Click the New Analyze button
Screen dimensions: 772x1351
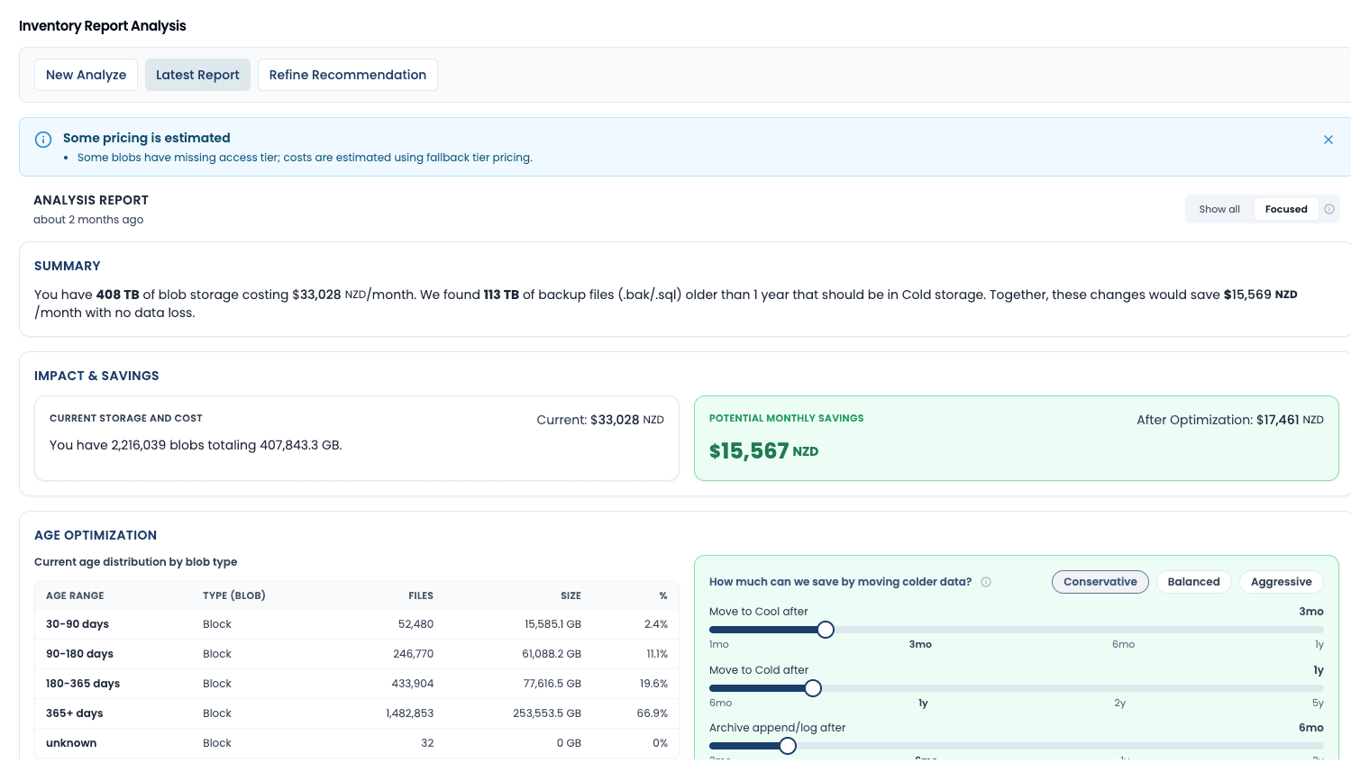[87, 75]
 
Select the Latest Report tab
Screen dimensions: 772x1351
[197, 75]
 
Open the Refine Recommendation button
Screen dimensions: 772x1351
[347, 75]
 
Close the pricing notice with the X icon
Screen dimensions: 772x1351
[1328, 140]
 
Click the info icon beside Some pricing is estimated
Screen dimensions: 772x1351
[43, 140]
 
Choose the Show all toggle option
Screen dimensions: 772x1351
[1219, 209]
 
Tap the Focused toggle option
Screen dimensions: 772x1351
[1285, 209]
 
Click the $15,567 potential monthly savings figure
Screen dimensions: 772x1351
[749, 451]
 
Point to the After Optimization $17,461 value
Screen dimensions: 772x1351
[1277, 420]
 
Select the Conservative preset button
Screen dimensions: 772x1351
[1100, 582]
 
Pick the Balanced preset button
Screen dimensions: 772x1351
[1193, 582]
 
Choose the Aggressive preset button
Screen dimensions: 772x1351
[1281, 582]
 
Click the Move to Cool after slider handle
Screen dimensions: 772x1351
[826, 630]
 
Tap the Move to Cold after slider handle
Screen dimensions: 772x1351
[813, 688]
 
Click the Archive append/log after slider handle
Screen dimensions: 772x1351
[788, 746]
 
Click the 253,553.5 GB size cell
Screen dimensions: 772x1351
[547, 713]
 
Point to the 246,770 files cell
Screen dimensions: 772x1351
[413, 654]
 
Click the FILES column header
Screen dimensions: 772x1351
[421, 595]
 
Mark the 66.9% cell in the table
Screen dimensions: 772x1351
[652, 713]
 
